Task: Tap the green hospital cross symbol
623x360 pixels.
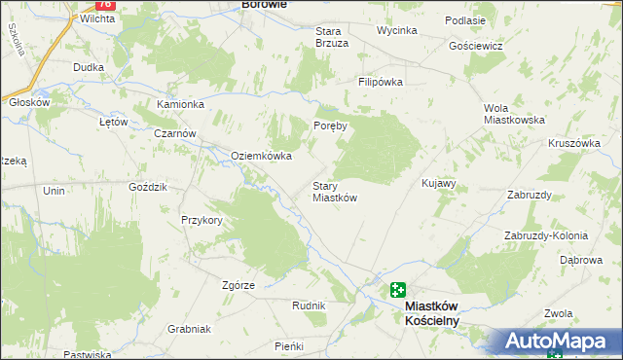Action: point(398,289)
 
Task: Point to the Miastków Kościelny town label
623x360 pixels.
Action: point(431,312)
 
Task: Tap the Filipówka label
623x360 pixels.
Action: point(380,83)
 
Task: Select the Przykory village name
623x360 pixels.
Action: point(202,220)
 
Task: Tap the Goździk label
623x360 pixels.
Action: point(149,186)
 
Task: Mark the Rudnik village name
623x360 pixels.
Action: point(309,306)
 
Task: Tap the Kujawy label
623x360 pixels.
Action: point(438,183)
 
